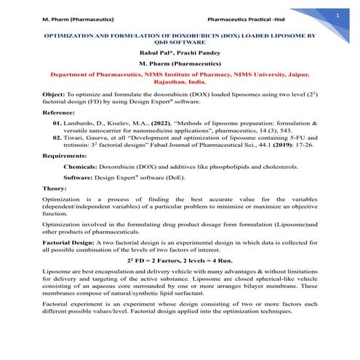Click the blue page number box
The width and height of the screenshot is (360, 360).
coord(337,14)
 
